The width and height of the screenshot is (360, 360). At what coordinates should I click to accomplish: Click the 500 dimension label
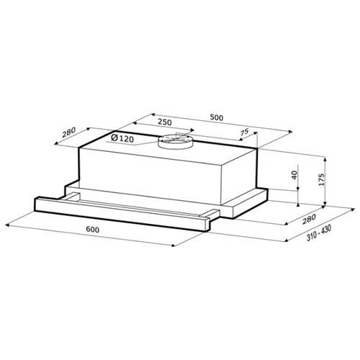tap(217, 117)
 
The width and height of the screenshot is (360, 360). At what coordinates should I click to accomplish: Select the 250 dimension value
tap(165, 122)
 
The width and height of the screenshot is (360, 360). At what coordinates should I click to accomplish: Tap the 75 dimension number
tap(244, 132)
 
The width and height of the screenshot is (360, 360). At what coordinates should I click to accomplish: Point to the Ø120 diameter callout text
tap(122, 138)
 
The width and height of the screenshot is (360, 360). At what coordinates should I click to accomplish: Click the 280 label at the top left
tap(68, 132)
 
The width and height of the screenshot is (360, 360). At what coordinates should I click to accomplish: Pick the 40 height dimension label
tap(294, 176)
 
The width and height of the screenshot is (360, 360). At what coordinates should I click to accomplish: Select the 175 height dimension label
tap(321, 179)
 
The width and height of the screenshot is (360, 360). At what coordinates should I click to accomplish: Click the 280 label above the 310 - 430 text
tap(308, 219)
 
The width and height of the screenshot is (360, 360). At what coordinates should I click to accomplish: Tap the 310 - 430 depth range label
tap(319, 233)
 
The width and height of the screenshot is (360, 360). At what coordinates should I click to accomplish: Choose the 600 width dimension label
tap(93, 230)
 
